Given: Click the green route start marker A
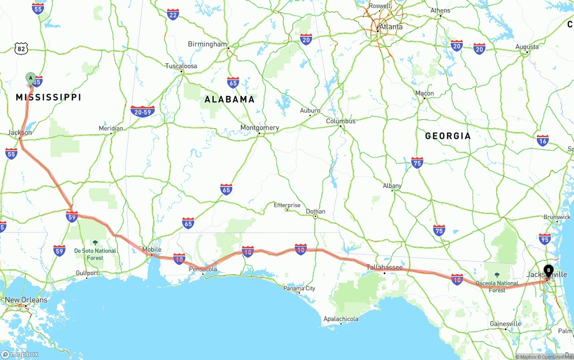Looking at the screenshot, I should pos(30,78).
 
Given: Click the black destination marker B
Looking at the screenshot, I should pos(548,270).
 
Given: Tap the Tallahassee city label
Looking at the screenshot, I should pos(384,268).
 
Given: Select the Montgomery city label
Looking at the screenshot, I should pos(260,128).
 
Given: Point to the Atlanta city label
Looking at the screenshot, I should pos(391,27).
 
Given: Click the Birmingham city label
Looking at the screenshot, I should pos(208,44).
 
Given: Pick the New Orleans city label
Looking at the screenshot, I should pos(26,300).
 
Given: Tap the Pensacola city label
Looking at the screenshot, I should pos(203,269).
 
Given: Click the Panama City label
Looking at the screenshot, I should pos(299,288).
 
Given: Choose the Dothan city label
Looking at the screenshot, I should pos(316,212).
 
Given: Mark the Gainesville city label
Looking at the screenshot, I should pos(505,324).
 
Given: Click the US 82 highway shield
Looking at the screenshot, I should pos(21,49).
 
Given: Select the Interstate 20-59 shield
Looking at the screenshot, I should pos(143,111).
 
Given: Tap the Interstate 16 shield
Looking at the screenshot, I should pos(543,140).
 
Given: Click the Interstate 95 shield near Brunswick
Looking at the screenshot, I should pos(545,239).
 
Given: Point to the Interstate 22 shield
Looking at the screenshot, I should pos(173,14).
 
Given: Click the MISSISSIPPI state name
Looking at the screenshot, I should pos(48,97).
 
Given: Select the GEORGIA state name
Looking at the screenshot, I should pos(448,136).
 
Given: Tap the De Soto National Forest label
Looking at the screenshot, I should pos(95,254).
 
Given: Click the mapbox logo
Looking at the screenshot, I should pos(20,354).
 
